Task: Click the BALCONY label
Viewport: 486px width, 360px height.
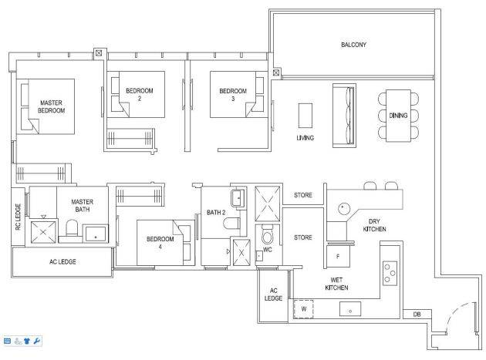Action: tap(353, 45)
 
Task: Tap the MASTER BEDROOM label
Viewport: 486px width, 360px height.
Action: tap(51, 106)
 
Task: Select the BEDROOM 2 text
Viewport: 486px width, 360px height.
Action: tap(140, 95)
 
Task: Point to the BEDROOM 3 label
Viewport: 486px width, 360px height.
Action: tap(233, 95)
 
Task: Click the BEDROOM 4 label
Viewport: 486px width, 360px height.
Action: tap(160, 243)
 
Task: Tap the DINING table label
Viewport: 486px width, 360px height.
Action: tap(398, 116)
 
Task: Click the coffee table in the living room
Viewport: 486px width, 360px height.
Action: tap(305, 116)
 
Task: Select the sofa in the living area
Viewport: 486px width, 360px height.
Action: tap(344, 116)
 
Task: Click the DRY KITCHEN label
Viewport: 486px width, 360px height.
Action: tap(374, 225)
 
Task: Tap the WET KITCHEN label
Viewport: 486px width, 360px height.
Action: tap(336, 284)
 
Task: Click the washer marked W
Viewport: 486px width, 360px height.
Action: tap(303, 309)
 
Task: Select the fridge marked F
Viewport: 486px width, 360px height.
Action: tap(338, 256)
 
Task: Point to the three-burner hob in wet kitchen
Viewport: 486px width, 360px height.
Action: tap(390, 273)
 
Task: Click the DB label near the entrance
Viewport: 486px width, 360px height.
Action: tap(417, 315)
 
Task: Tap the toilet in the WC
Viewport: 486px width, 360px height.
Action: tap(267, 234)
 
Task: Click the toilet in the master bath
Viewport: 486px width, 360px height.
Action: tap(72, 227)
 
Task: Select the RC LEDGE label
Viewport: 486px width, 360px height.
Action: tap(18, 217)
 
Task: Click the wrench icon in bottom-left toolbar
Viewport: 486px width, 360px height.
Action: tap(37, 341)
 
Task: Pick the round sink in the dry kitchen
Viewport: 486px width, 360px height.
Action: tap(343, 209)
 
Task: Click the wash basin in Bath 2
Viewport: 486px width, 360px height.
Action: tap(238, 198)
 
